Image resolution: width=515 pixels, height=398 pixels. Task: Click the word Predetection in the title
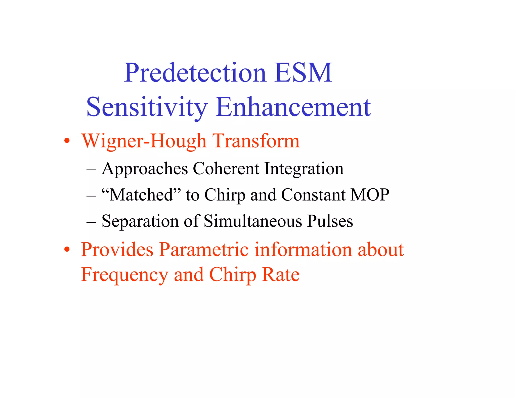[x=195, y=73]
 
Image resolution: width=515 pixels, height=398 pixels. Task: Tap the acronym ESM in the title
[x=303, y=73]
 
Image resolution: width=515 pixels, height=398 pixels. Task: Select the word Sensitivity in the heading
[x=147, y=108]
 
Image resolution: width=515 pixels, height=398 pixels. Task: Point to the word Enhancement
[x=293, y=108]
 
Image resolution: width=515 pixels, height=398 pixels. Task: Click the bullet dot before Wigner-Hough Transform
[x=67, y=141]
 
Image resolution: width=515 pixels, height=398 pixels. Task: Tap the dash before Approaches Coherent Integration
[x=91, y=169]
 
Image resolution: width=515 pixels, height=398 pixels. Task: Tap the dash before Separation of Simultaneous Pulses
[x=91, y=222]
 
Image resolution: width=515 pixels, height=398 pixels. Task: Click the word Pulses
[x=330, y=221]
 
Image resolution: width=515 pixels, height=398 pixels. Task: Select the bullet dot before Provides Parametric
[x=67, y=250]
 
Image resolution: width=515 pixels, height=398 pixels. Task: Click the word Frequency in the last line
[x=124, y=275]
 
